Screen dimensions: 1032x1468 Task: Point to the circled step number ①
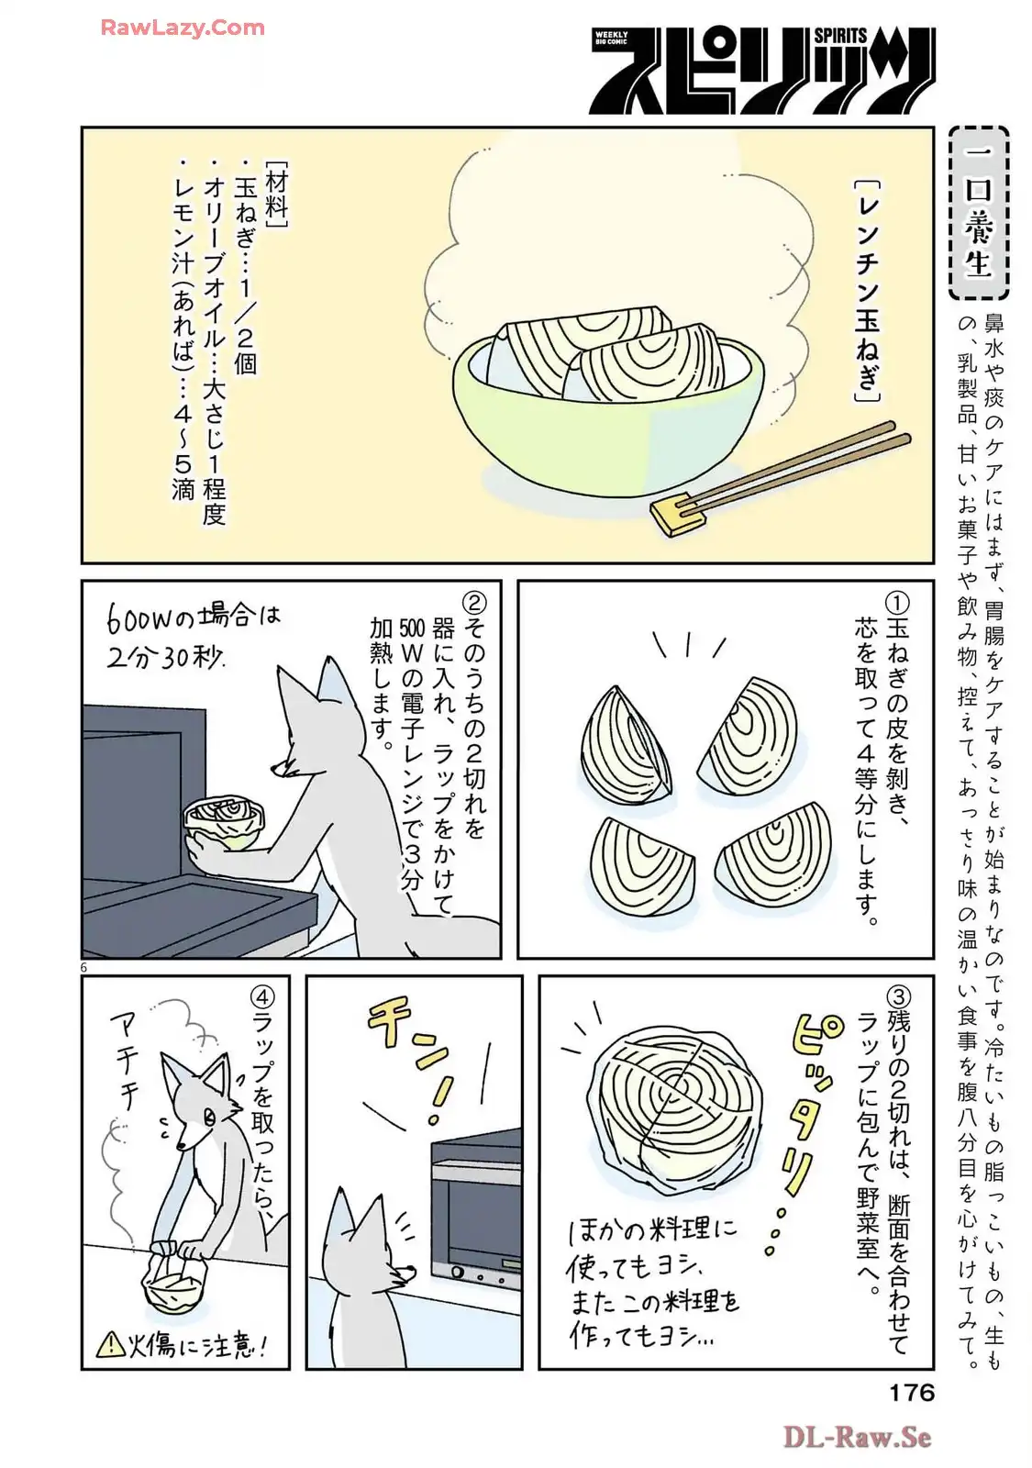click(898, 601)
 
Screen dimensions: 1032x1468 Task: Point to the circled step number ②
click(472, 601)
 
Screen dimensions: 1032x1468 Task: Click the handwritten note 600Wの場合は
click(194, 618)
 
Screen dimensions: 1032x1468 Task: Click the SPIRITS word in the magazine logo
click(840, 36)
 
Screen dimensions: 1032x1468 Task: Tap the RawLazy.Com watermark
click(183, 28)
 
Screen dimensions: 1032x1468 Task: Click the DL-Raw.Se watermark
click(858, 1438)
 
